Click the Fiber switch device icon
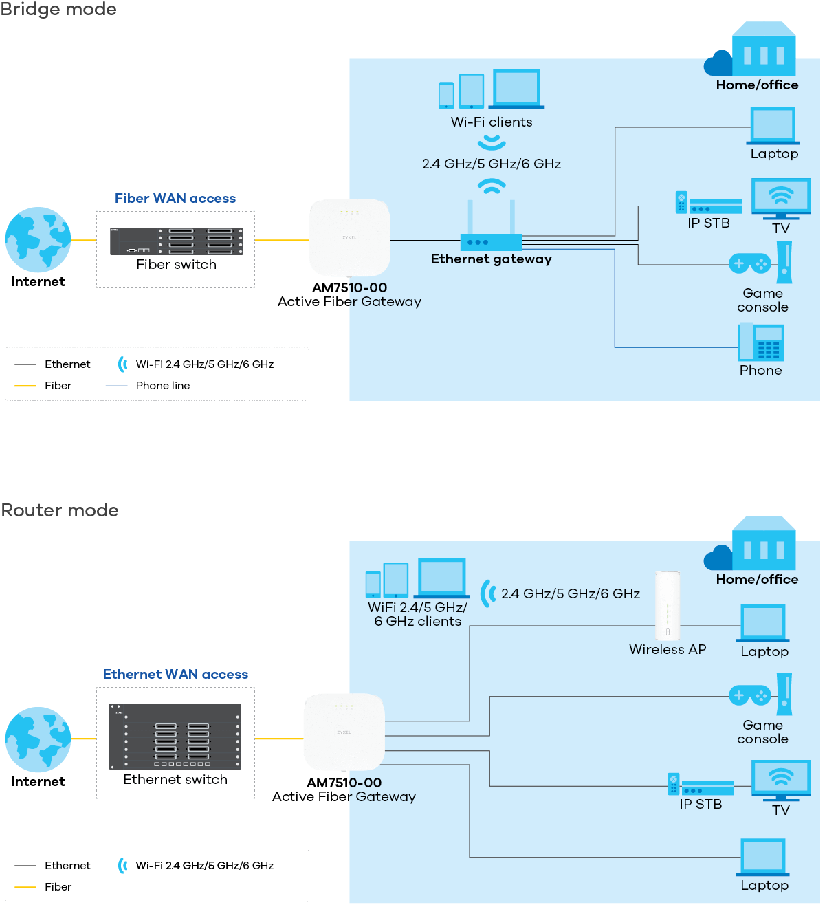click(x=176, y=241)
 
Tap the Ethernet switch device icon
click(x=175, y=736)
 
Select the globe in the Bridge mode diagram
click(x=38, y=240)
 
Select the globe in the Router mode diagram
click(x=38, y=739)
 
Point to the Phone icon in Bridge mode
click(x=760, y=342)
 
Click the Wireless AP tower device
click(x=667, y=605)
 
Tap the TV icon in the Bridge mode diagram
click(x=780, y=199)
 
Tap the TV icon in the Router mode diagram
click(x=780, y=781)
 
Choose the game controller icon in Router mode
click(x=749, y=695)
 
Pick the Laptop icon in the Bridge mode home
click(x=773, y=126)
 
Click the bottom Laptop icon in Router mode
click(x=764, y=858)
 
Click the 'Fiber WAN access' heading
click(x=175, y=199)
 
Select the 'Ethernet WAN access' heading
click(x=175, y=675)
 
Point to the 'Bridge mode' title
click(x=58, y=10)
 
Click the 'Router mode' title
click(x=60, y=510)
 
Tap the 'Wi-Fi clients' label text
click(x=492, y=122)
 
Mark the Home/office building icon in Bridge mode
click(x=763, y=50)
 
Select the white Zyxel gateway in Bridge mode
click(x=349, y=237)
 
